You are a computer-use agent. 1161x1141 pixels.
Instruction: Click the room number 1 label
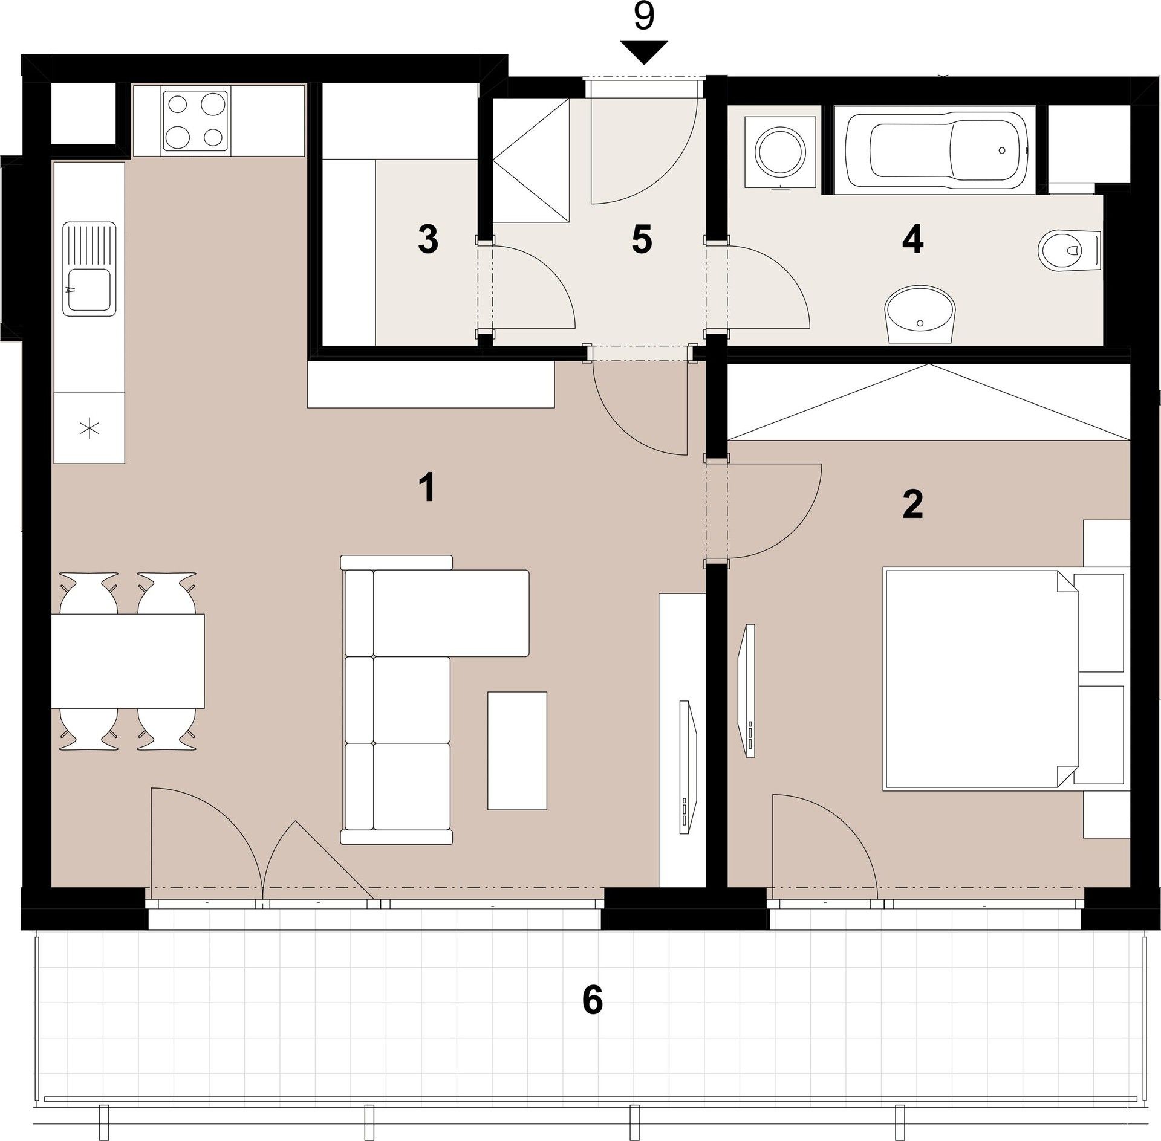coord(428,488)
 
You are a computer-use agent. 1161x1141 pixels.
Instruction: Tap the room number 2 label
coord(912,505)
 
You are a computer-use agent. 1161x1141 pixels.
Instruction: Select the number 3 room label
coord(428,240)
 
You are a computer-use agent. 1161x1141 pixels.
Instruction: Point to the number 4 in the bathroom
coord(912,241)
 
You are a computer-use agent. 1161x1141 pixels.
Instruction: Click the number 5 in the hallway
coord(642,240)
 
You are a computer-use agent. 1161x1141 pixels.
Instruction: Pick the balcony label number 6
coord(592,1000)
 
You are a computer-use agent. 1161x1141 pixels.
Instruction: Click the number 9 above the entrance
coord(644,17)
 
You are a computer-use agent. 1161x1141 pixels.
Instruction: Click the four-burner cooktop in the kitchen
coord(195,120)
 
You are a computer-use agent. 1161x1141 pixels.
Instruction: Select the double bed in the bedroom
coord(980,678)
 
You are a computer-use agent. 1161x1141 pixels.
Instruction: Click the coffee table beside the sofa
coord(517,751)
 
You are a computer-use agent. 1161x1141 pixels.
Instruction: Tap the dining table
coord(128,661)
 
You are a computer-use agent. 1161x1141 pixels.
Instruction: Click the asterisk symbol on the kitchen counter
coord(89,429)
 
